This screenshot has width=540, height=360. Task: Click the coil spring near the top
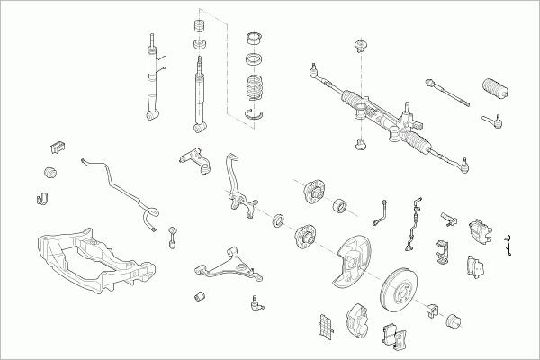click(257, 93)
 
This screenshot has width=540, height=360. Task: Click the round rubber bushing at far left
click(52, 171)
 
